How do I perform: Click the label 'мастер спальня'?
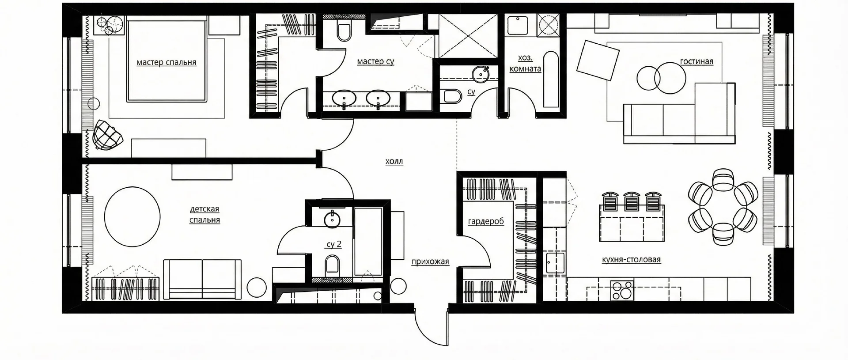click(167, 62)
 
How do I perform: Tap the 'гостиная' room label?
click(697, 61)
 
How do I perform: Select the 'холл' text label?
click(394, 162)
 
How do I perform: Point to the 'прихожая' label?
click(430, 261)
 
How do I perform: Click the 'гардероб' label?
click(486, 221)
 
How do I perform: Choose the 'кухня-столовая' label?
click(631, 260)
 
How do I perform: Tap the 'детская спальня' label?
click(204, 214)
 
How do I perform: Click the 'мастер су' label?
click(375, 61)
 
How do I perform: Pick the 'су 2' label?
click(334, 244)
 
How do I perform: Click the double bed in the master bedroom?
click(167, 60)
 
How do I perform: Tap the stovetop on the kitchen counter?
click(622, 290)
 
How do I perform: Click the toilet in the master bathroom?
click(343, 30)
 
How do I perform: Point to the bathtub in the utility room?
click(551, 80)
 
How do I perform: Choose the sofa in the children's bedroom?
click(202, 280)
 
